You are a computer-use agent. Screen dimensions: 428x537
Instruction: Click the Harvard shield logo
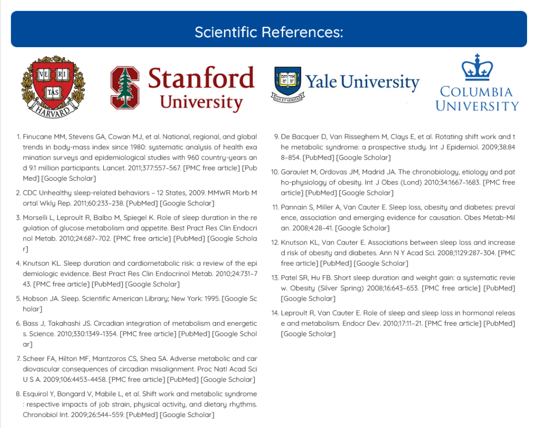[52, 86]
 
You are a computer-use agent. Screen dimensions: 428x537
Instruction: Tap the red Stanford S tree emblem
[124, 87]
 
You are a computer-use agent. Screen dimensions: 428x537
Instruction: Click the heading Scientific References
[268, 32]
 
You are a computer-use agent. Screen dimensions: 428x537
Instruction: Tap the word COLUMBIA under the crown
[477, 92]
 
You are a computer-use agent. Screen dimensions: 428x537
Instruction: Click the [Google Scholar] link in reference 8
[187, 415]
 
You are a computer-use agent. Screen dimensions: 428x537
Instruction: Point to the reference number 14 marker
[275, 313]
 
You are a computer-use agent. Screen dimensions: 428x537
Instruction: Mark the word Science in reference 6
[37, 334]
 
